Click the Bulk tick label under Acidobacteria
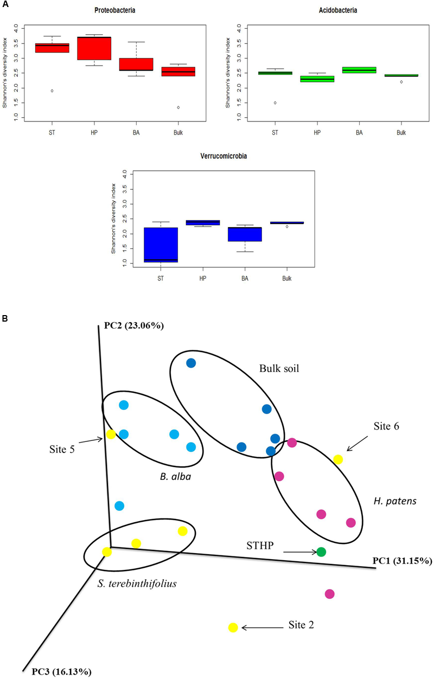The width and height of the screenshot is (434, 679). tap(400, 132)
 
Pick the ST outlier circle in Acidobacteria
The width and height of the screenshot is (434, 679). tap(275, 103)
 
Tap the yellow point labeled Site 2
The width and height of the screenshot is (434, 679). tap(233, 627)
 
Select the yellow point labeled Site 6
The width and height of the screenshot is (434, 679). tap(338, 459)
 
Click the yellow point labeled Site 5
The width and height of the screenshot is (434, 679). tap(111, 434)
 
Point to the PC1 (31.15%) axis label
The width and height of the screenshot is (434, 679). tap(402, 561)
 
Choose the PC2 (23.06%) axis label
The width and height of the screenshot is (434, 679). tap(132, 326)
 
